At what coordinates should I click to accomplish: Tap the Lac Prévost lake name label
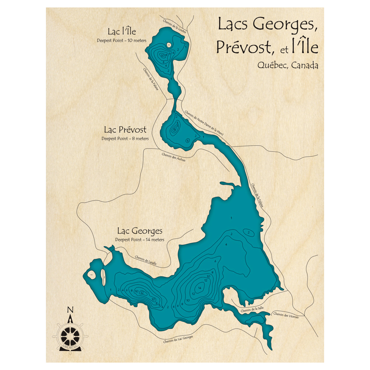(125, 130)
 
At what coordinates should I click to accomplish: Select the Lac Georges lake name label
(139, 231)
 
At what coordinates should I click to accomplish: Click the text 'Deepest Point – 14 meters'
(139, 240)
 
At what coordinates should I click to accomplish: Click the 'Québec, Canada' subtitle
(287, 65)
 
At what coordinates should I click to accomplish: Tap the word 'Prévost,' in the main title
(245, 47)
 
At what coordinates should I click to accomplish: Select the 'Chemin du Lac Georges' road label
(178, 339)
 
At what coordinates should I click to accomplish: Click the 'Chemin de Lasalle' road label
(145, 260)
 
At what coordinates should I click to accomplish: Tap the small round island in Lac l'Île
(169, 45)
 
